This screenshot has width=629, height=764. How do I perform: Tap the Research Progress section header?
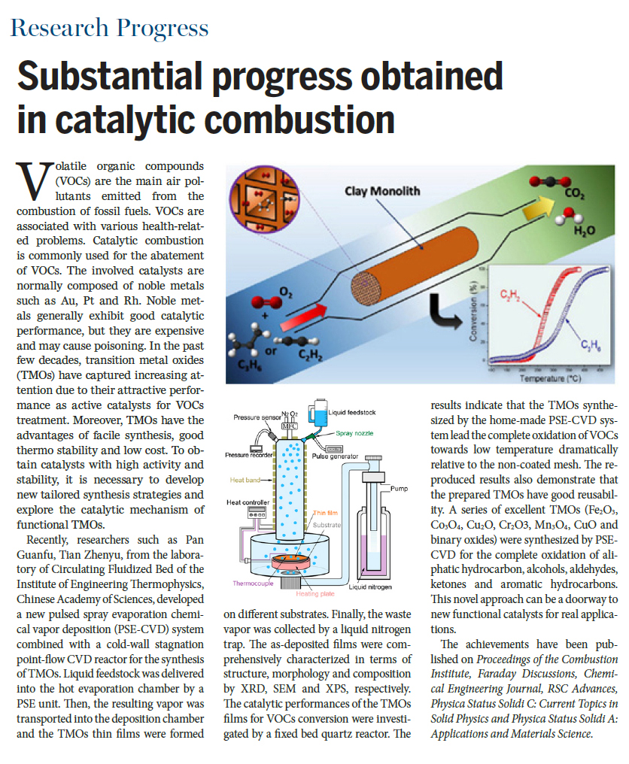tap(109, 29)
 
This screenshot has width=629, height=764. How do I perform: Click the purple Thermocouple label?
tap(254, 582)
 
